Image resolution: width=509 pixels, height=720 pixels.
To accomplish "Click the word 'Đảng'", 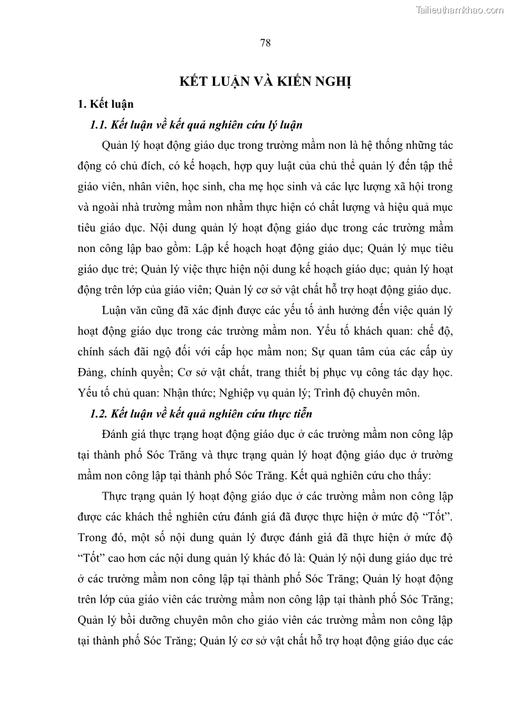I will pos(92,373).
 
